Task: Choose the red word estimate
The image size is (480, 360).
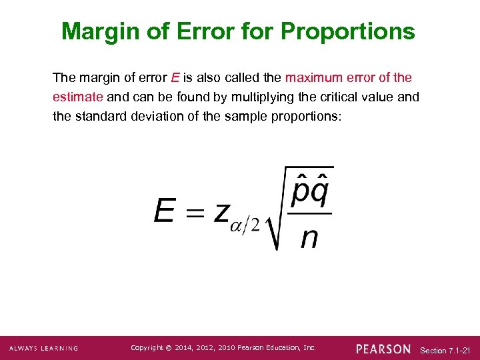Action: [x=77, y=97]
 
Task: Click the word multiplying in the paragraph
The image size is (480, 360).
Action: [x=262, y=97]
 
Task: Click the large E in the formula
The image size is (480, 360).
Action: [x=165, y=211]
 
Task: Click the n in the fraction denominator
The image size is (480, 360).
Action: [x=309, y=236]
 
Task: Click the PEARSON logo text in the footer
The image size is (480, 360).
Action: [x=383, y=349]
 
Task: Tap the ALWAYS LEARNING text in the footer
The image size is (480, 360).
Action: [x=43, y=349]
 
